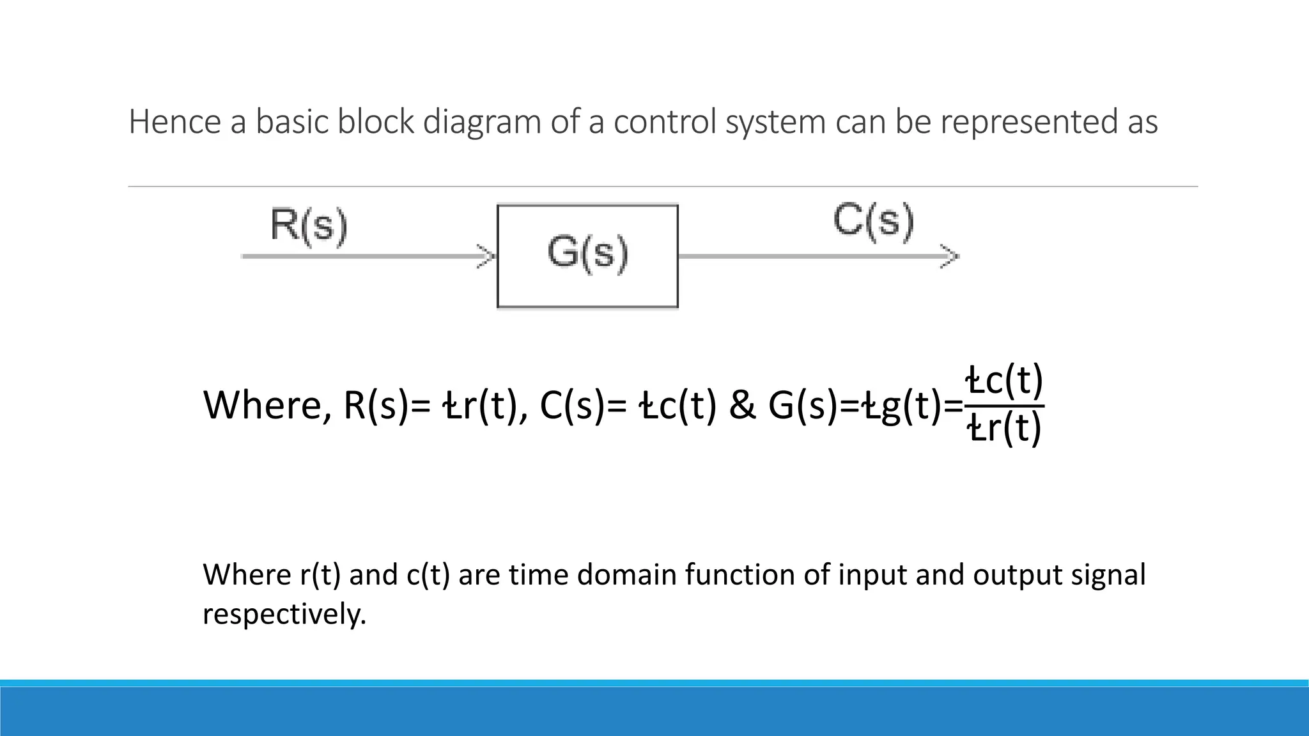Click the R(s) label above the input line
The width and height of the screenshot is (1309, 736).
point(309,225)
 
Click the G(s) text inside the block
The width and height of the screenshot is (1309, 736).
point(587,253)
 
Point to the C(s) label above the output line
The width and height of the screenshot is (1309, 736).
point(873,221)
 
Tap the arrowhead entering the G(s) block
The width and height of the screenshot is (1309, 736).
point(488,257)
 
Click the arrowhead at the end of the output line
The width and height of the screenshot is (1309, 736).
point(951,257)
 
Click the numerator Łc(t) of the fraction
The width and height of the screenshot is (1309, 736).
point(1004,381)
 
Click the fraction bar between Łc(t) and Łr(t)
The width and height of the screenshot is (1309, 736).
point(1004,405)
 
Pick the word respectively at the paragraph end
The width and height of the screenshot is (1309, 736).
point(284,614)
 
